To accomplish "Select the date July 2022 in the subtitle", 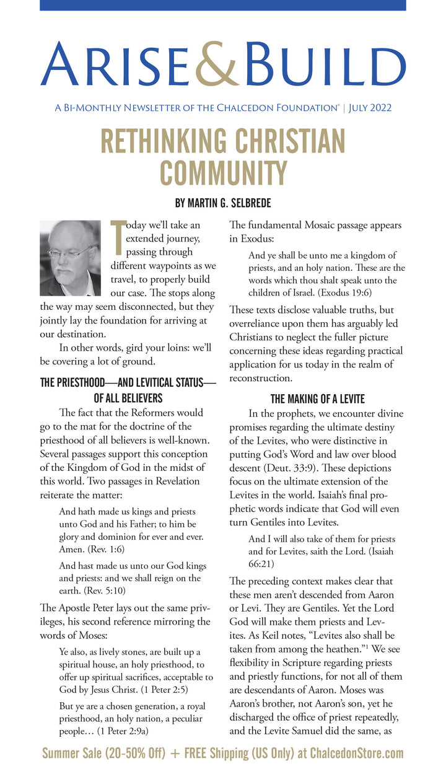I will pyautogui.click(x=370, y=108).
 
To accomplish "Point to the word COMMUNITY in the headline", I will pyautogui.click(x=223, y=172).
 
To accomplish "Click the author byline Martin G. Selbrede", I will pyautogui.click(x=223, y=203).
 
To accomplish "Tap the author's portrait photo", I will pyautogui.click(x=69, y=258).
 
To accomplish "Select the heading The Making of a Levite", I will pyautogui.click(x=318, y=399).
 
